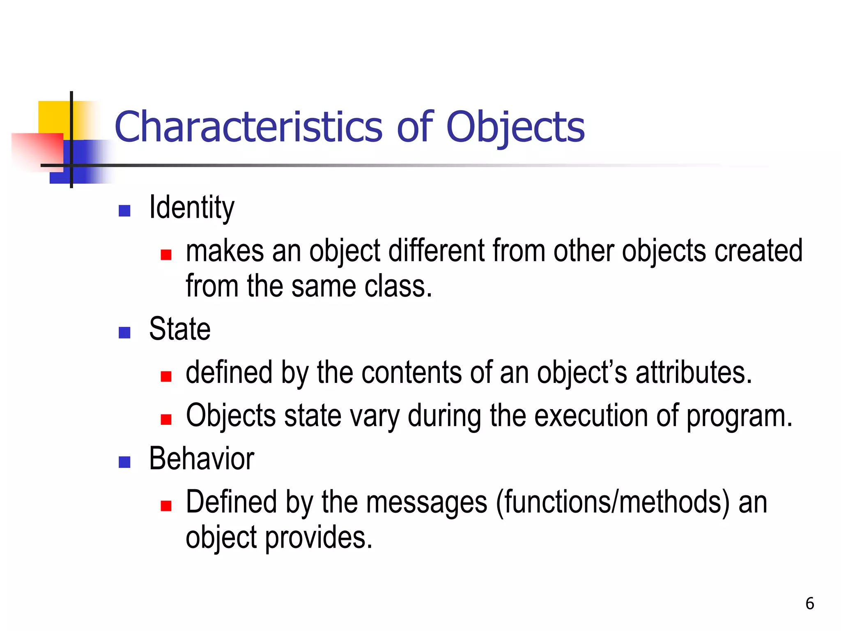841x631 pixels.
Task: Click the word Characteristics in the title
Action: (248, 127)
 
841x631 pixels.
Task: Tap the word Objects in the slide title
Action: (515, 127)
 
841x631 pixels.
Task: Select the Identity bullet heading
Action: (192, 208)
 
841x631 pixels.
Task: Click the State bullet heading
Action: (180, 329)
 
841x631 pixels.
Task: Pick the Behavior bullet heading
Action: (202, 459)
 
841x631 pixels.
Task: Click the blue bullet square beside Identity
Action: (124, 211)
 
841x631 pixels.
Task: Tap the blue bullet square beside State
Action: (124, 332)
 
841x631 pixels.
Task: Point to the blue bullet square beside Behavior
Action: (124, 462)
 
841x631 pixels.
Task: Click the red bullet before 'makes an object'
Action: (166, 255)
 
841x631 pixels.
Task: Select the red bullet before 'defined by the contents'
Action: (166, 376)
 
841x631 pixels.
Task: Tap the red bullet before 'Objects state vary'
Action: (166, 419)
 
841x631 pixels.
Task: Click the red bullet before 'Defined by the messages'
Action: (166, 506)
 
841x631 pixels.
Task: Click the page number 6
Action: (809, 603)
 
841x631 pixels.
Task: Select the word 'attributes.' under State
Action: (694, 372)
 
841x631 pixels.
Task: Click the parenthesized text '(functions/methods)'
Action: (613, 502)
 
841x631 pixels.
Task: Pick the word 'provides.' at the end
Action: (319, 537)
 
